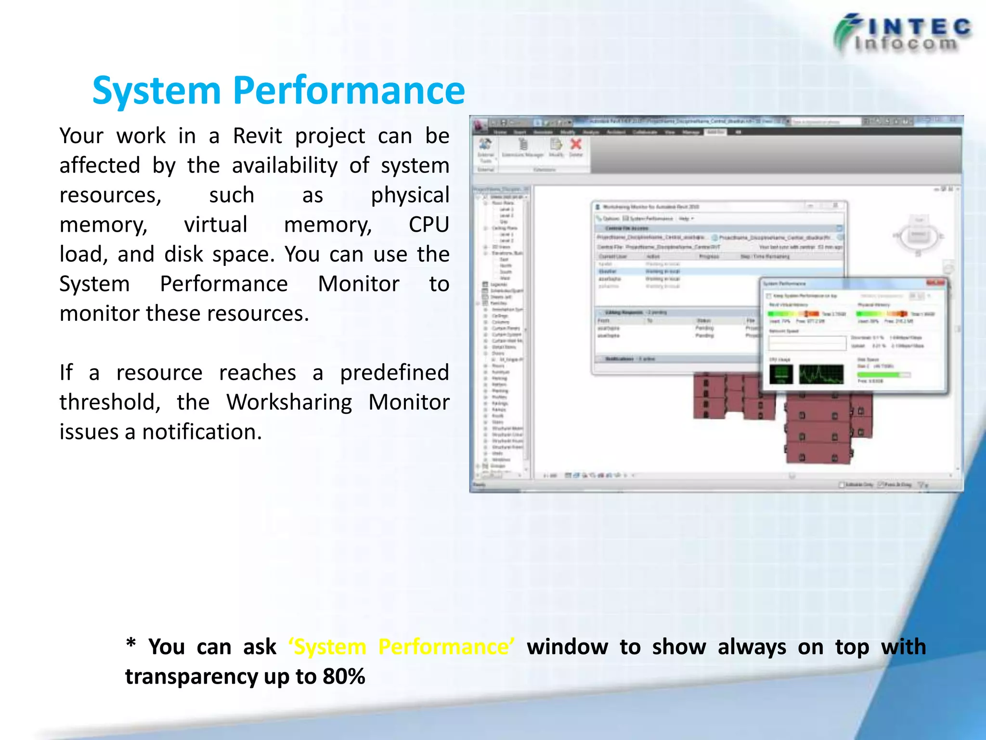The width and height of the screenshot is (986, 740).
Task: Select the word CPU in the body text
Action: [x=428, y=225]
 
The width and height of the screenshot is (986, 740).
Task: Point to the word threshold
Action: [x=110, y=402]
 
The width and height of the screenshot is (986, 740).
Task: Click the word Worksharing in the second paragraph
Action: [x=289, y=402]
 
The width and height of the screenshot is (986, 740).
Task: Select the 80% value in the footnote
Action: [x=344, y=676]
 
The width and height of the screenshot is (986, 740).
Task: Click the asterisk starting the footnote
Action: [x=130, y=645]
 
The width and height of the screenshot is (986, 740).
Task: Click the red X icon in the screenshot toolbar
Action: [x=576, y=144]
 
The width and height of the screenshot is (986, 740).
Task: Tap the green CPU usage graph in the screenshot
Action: [x=821, y=374]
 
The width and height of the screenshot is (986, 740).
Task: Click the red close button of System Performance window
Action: [x=936, y=283]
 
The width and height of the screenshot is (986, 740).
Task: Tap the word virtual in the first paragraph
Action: [x=216, y=225]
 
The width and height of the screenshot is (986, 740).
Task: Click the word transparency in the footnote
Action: [x=191, y=676]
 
